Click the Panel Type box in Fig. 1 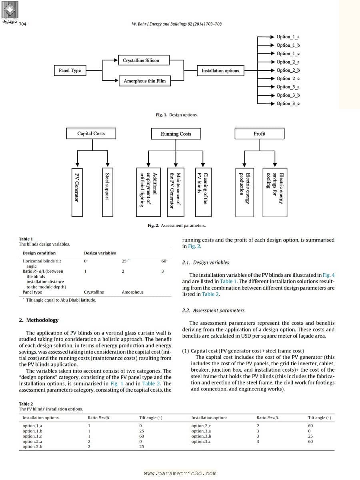(x=70, y=70)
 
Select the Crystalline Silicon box (x=141, y=60)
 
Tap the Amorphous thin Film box (x=144, y=81)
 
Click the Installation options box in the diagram (x=220, y=70)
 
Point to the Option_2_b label (x=288, y=70)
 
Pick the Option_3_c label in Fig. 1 (x=288, y=104)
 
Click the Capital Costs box (x=91, y=134)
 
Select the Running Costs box (x=176, y=134)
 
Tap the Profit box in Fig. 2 (x=259, y=134)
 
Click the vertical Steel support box (x=107, y=192)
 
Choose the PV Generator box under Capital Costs (x=77, y=192)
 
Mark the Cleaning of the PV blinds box (x=202, y=192)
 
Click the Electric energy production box (x=244, y=192)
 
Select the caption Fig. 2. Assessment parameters (x=177, y=226)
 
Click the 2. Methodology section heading (x=39, y=320)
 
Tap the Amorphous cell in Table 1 (x=132, y=292)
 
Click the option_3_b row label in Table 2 (x=201, y=436)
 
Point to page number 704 (x=22, y=24)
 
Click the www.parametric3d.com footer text (x=180, y=473)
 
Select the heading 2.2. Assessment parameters (x=213, y=310)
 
